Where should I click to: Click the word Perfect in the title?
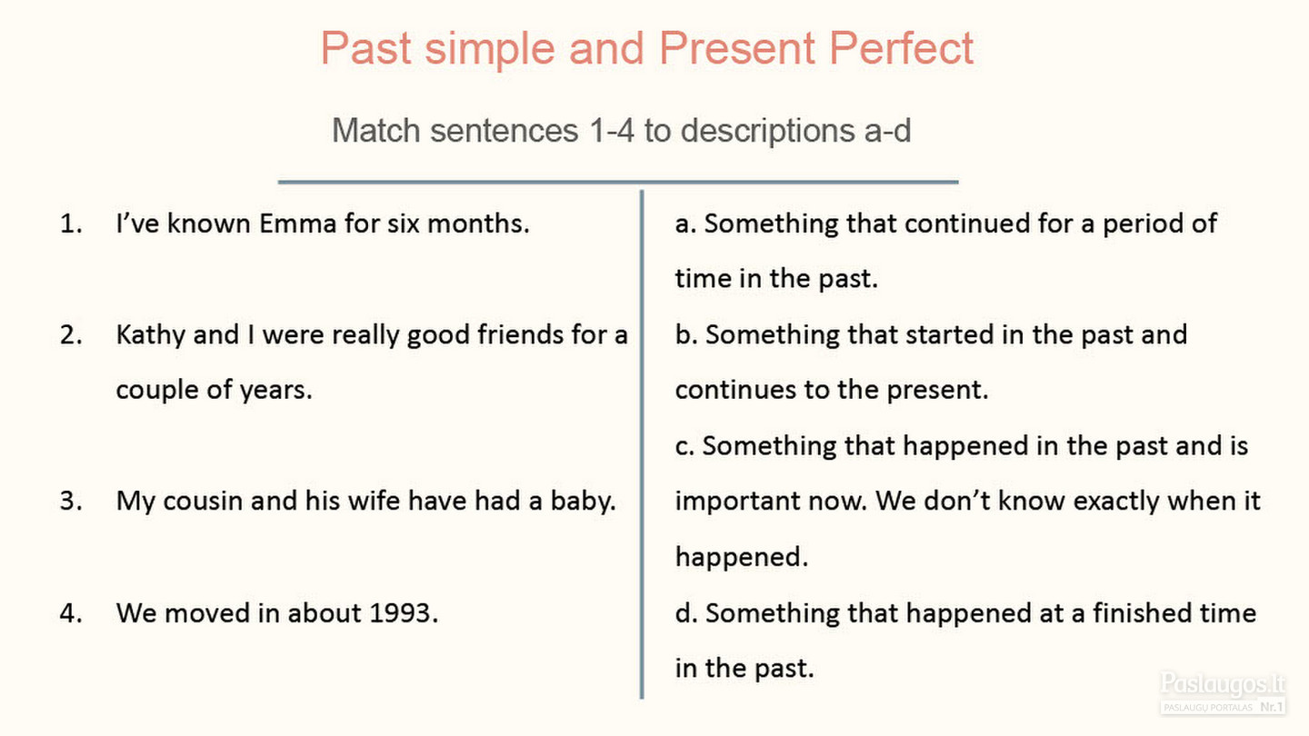[x=901, y=48]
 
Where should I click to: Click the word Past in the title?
[x=365, y=48]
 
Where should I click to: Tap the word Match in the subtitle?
[x=376, y=130]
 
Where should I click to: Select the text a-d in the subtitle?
[x=887, y=130]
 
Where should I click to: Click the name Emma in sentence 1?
[x=297, y=224]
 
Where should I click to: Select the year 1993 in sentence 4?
[x=404, y=613]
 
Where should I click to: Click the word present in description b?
[x=936, y=390]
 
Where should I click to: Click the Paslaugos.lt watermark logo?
[x=1223, y=692]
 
